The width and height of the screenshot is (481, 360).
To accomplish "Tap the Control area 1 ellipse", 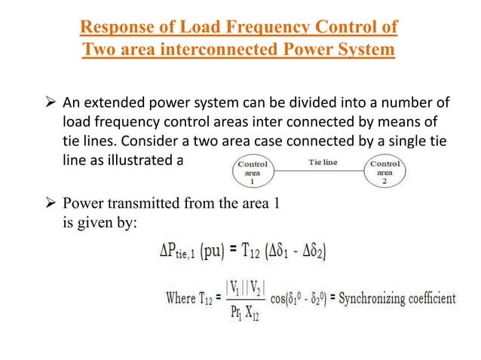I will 253,172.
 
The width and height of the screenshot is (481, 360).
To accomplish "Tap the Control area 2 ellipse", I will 386,172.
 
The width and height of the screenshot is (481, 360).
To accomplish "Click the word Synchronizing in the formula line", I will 372,297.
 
